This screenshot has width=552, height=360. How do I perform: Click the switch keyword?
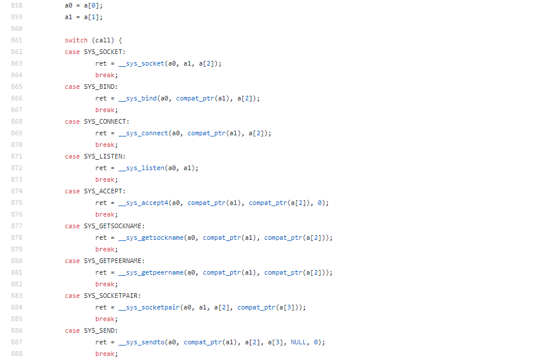(76, 41)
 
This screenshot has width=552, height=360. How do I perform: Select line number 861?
(16, 41)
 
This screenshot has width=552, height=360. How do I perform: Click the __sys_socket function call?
(142, 64)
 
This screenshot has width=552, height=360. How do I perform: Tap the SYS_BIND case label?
(101, 87)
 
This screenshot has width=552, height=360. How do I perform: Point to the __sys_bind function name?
(138, 99)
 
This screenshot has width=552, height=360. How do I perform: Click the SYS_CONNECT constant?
(106, 122)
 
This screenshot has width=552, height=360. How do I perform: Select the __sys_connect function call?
(144, 134)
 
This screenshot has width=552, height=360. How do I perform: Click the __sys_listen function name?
(142, 168)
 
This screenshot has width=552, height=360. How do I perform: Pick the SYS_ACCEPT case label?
(105, 192)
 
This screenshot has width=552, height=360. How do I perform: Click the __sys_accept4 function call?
(144, 203)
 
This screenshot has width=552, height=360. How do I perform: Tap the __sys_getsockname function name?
(151, 238)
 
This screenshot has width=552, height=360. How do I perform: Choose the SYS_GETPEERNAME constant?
(114, 261)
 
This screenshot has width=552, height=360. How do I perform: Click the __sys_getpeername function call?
(151, 273)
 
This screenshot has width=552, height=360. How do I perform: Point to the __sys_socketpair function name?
(149, 308)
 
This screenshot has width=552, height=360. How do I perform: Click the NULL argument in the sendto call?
(298, 343)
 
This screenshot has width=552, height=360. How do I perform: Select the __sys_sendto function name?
(142, 343)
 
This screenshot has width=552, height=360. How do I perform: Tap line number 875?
(16, 203)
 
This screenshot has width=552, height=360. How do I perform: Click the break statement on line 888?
(106, 354)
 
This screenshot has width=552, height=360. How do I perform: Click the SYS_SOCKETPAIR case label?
(112, 296)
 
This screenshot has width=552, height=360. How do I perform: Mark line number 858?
(16, 6)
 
